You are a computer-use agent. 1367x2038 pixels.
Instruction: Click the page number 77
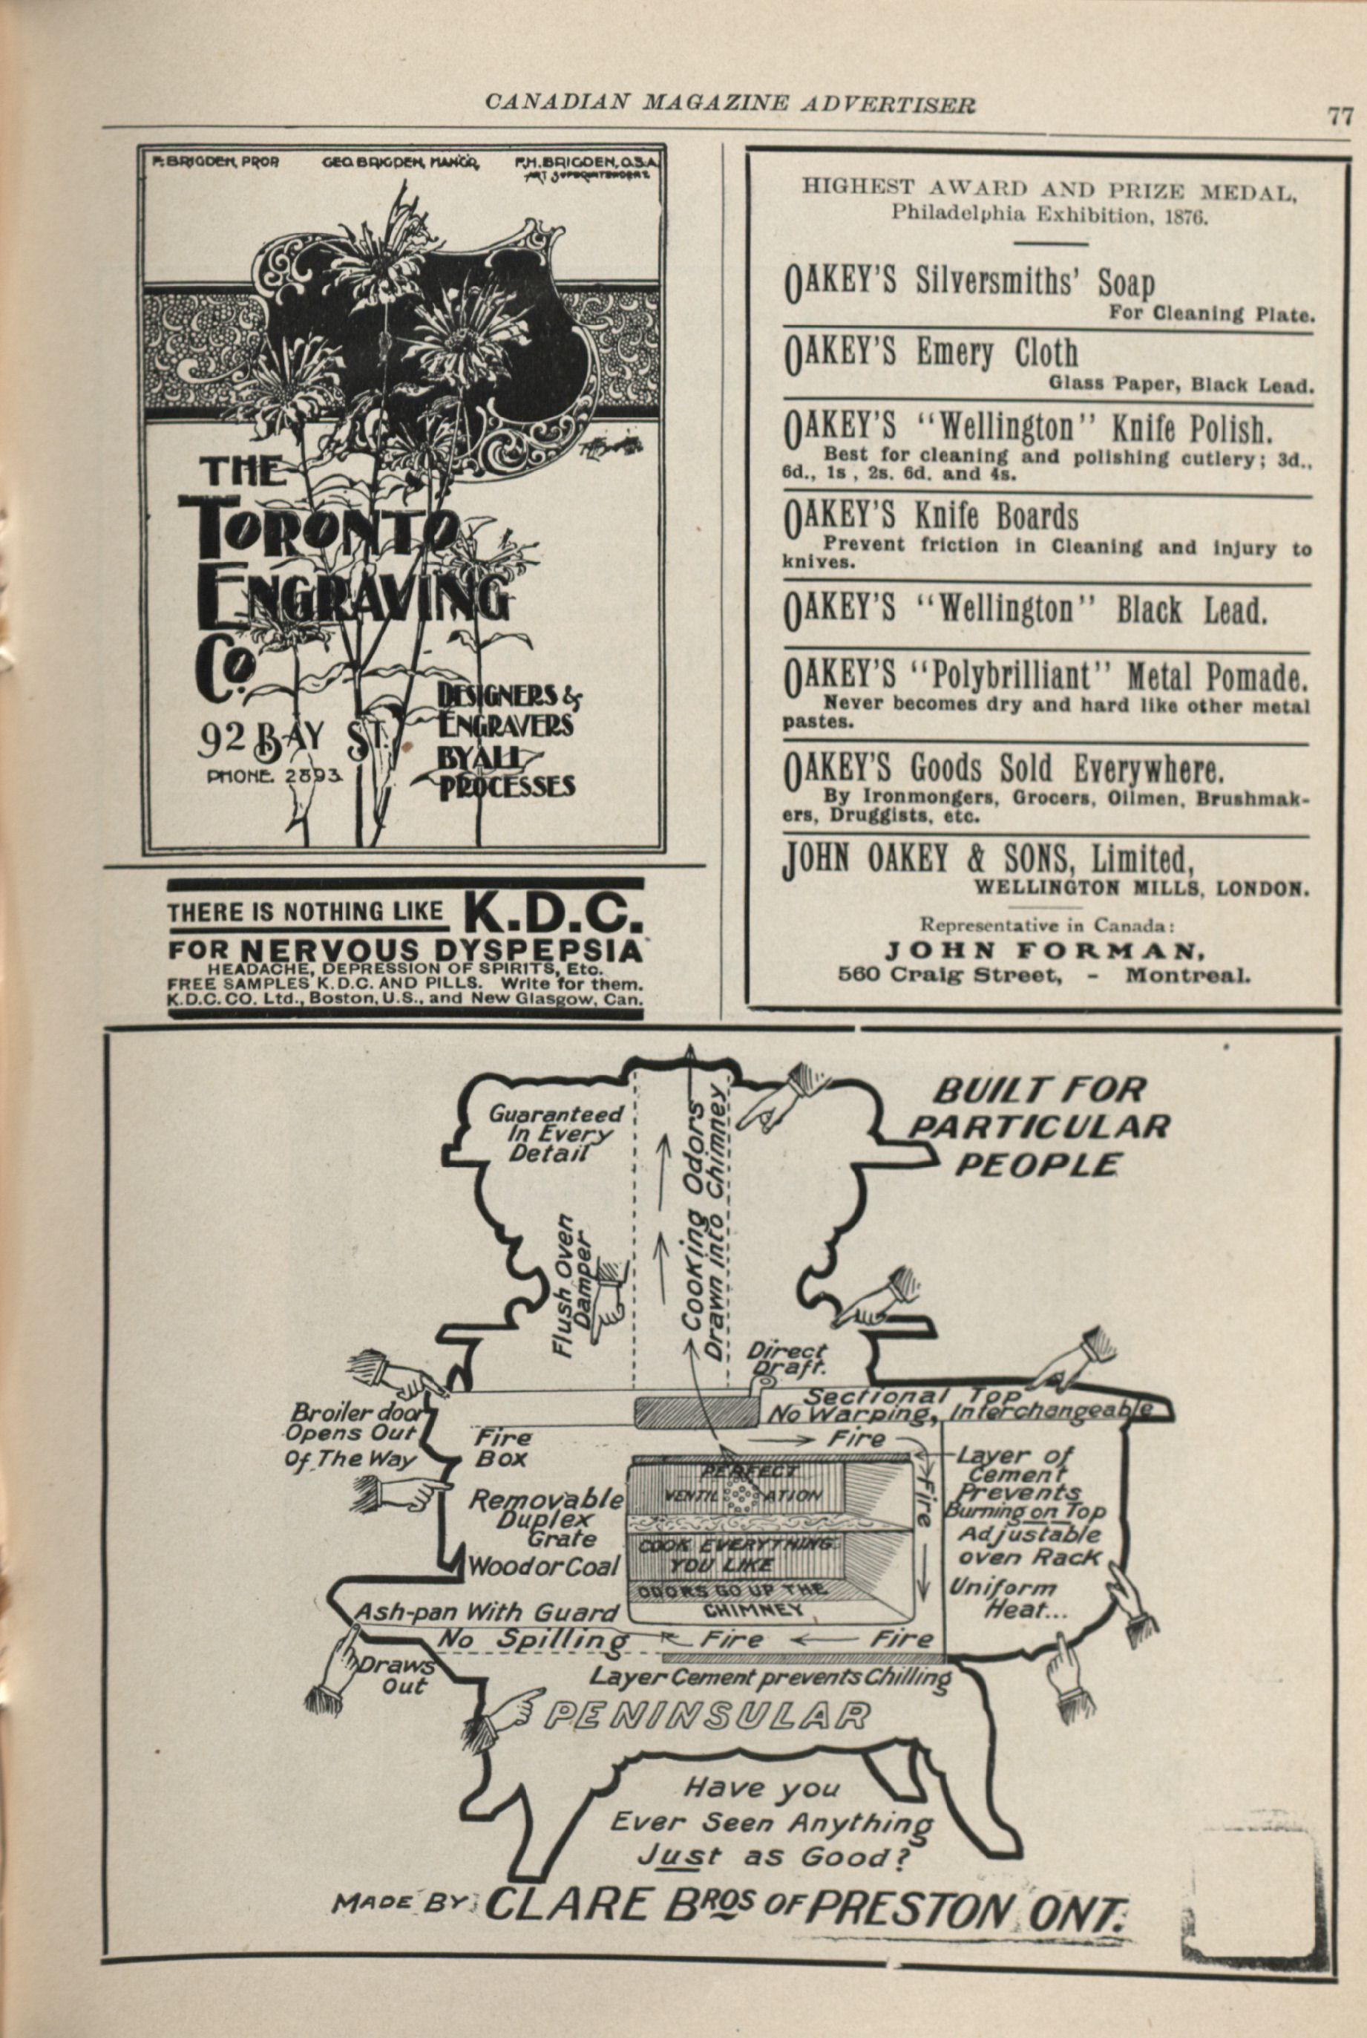1339,117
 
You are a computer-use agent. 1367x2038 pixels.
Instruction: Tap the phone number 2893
312,774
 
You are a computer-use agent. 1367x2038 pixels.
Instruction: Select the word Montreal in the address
1187,975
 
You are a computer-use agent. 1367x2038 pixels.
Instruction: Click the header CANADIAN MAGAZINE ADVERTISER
730,104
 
